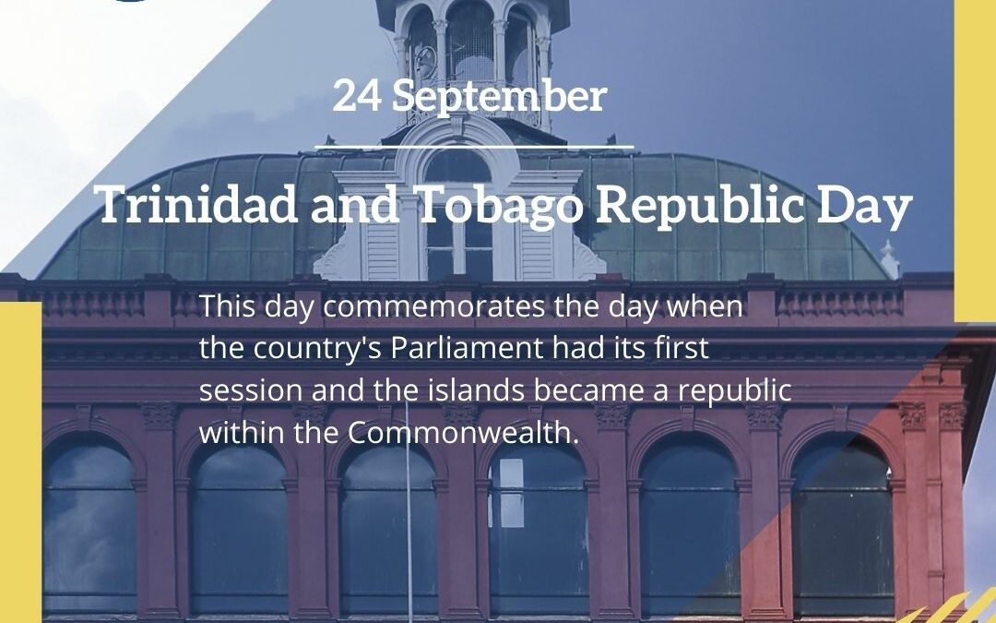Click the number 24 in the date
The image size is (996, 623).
pyautogui.click(x=358, y=97)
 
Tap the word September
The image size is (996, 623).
pyautogui.click(x=499, y=97)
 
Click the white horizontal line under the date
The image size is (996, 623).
pyautogui.click(x=474, y=146)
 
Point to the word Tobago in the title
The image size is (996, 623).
pyautogui.click(x=498, y=206)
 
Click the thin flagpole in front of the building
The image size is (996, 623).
pyautogui.click(x=409, y=517)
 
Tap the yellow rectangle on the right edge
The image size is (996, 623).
pyautogui.click(x=975, y=157)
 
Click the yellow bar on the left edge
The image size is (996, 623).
pyautogui.click(x=19, y=461)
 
